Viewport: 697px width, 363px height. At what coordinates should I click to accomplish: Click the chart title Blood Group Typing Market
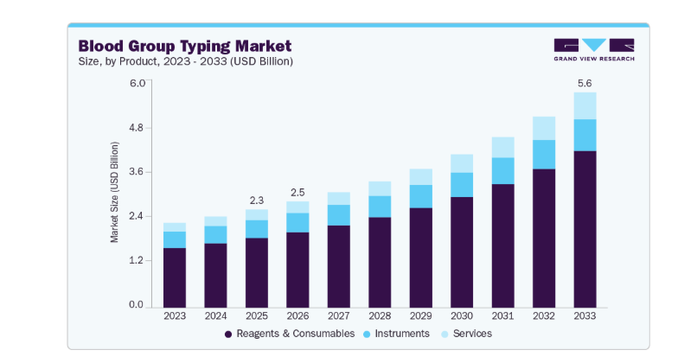pos(185,46)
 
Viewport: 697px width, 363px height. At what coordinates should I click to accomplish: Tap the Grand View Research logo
pos(594,50)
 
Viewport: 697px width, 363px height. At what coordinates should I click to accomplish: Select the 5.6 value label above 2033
pos(585,83)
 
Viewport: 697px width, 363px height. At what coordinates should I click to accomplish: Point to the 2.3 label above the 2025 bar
pos(257,201)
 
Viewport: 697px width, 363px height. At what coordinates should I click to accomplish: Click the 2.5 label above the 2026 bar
pos(297,193)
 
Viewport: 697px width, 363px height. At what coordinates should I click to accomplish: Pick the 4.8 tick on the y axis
pos(137,128)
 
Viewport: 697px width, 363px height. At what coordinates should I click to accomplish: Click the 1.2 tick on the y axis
pos(137,260)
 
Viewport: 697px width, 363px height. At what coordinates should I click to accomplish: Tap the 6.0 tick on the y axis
pos(137,83)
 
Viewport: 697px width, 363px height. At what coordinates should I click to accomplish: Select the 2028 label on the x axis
pos(380,316)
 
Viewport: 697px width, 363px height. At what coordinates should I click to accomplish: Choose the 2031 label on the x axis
pos(502,316)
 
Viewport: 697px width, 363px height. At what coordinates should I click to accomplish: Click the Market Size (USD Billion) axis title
pos(114,192)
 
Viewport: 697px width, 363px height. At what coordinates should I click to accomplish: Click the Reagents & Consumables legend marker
pos(228,334)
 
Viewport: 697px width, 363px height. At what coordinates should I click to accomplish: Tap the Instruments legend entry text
pos(402,334)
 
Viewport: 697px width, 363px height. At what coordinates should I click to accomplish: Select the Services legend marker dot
pos(444,334)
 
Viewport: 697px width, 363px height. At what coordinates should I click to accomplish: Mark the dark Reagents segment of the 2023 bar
pos(175,277)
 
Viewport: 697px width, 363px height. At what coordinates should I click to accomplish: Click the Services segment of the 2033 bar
pos(585,105)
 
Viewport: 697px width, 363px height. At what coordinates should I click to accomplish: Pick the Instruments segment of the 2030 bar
pos(462,185)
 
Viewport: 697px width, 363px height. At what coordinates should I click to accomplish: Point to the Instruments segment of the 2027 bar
pos(339,215)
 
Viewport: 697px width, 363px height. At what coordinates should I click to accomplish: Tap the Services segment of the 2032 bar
pos(544,129)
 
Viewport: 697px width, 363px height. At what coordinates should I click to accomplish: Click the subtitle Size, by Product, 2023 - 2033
pos(186,61)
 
